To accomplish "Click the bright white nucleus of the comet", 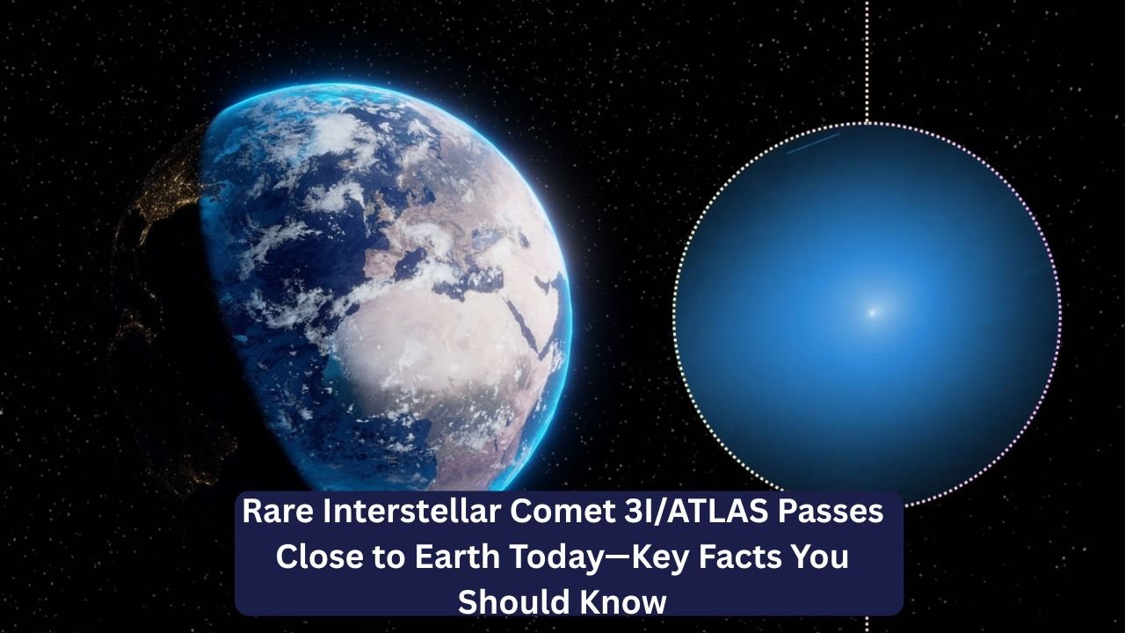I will tap(872, 311).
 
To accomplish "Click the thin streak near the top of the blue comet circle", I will tap(812, 143).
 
